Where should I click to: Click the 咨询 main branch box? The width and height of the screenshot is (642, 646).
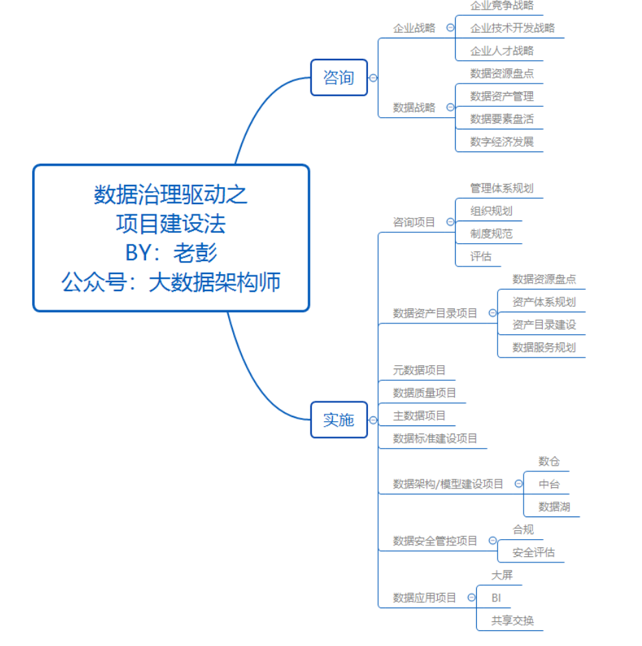(x=338, y=77)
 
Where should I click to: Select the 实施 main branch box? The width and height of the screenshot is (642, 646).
(x=338, y=420)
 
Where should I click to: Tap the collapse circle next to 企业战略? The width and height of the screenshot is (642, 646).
(x=450, y=27)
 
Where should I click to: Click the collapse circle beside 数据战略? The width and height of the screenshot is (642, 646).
(x=450, y=107)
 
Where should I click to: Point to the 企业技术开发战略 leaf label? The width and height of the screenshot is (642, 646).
(x=513, y=28)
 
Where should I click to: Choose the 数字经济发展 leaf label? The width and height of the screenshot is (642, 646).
(x=502, y=142)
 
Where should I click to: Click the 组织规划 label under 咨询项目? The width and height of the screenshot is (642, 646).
(x=491, y=211)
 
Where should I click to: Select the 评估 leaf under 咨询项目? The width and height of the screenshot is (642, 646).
(x=481, y=257)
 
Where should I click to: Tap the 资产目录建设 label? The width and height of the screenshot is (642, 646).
(x=544, y=325)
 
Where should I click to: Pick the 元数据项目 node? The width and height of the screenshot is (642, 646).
(x=419, y=370)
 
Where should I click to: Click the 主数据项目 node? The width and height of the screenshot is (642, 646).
(x=419, y=416)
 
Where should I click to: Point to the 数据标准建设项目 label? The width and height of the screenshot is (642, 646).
(x=434, y=438)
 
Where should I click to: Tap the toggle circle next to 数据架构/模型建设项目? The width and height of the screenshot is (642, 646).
(x=519, y=484)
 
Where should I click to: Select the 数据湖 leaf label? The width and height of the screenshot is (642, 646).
(x=554, y=507)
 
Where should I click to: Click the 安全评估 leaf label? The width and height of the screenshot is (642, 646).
(x=534, y=552)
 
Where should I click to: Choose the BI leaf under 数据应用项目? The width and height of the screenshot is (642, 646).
(x=496, y=598)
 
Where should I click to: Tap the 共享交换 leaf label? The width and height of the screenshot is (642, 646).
(x=513, y=621)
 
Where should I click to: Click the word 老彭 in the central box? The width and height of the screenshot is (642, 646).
(x=195, y=253)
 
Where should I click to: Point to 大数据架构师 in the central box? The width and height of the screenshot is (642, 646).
(x=214, y=282)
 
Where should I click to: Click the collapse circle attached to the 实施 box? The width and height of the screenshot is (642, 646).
(x=373, y=420)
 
